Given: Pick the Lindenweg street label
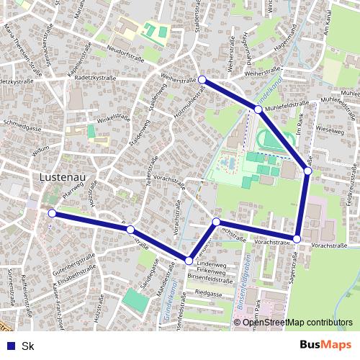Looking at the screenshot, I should pyautogui.click(x=211, y=265).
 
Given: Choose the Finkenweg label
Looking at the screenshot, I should pyautogui.click(x=211, y=271).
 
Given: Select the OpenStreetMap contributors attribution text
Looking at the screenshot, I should pyautogui.click(x=297, y=322).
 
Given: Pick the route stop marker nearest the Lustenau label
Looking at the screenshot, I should pyautogui.click(x=52, y=213).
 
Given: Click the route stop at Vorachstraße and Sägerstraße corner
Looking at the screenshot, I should pyautogui.click(x=297, y=238).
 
